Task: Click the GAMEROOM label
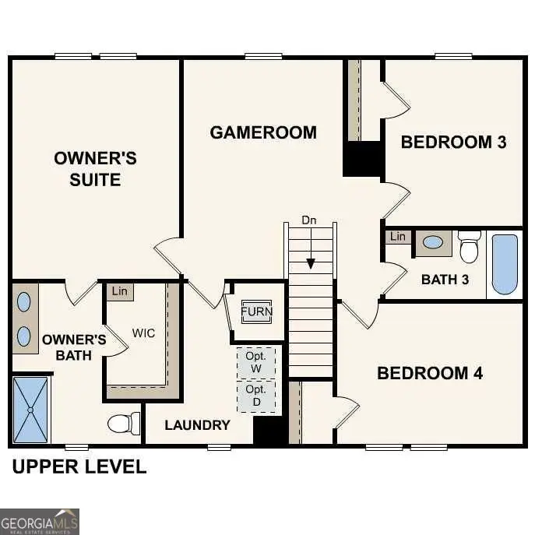263,132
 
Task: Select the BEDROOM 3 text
453,142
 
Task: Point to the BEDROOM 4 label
430,373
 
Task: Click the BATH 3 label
445,279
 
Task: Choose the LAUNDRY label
197,424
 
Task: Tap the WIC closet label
143,333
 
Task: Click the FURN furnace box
256,311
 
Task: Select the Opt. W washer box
256,362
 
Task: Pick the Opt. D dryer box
256,396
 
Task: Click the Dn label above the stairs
309,220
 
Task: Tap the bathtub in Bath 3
505,264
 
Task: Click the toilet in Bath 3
469,247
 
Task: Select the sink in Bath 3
433,242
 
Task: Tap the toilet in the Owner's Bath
124,424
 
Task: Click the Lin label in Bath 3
398,236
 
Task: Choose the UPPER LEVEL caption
79,467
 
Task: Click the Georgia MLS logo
40,521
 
